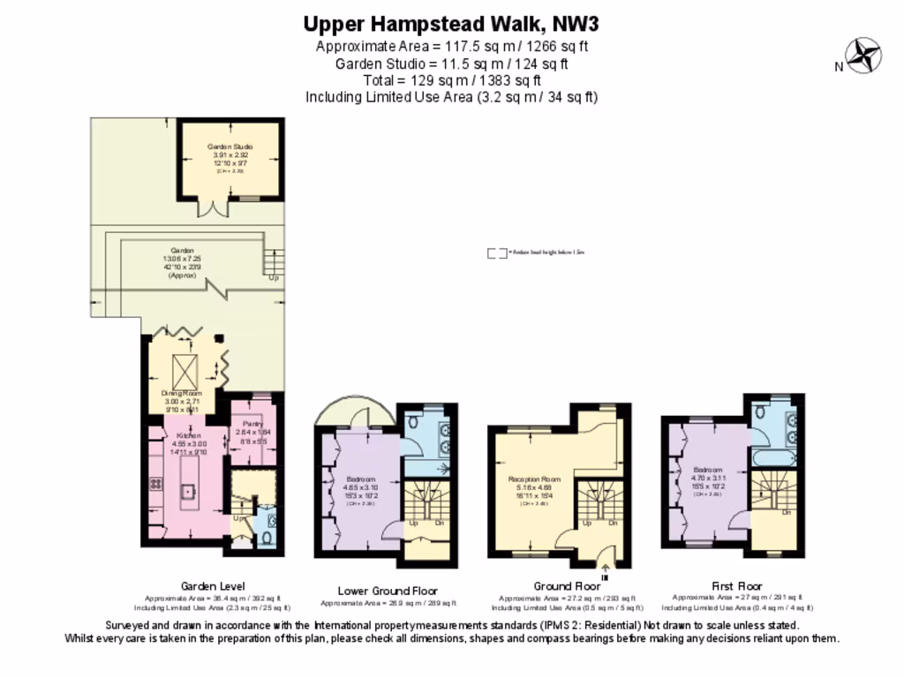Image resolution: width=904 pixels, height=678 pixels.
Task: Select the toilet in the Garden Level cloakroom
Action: [267, 538]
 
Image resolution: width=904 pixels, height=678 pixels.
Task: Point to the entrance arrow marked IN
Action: [605, 569]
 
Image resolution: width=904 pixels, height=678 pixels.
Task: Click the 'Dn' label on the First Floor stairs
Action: [785, 511]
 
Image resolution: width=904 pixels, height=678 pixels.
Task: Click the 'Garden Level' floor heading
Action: [213, 586]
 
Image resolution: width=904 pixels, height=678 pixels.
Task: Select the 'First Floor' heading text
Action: [736, 586]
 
